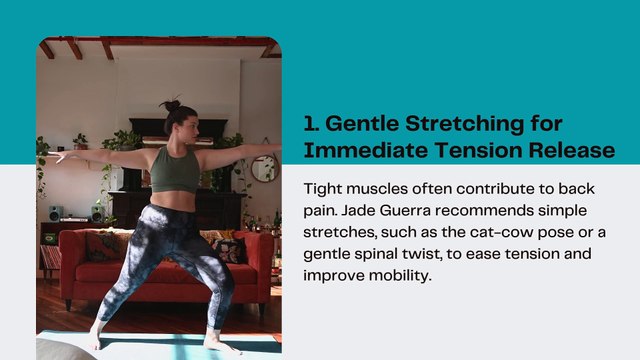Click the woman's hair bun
[x=172, y=104]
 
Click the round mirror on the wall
[x=263, y=168]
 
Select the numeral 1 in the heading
[x=309, y=124]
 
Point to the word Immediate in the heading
[x=353, y=152]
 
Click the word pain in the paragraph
[x=322, y=212]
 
